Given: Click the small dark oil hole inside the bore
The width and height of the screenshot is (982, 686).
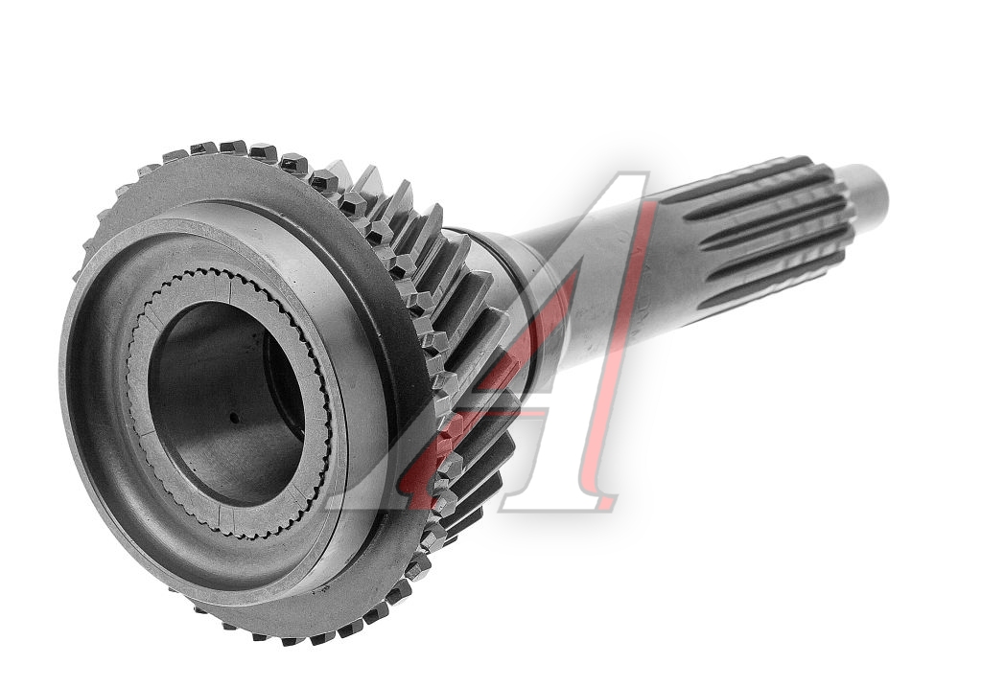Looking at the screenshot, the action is [233, 418].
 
